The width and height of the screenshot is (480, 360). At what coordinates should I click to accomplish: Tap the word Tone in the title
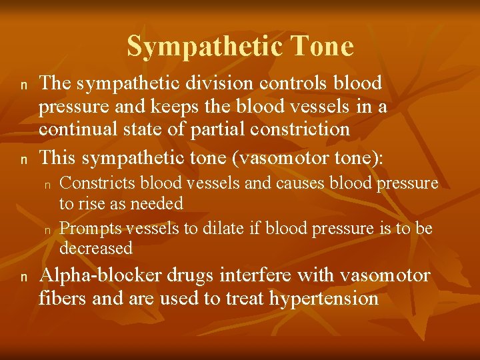pyautogui.click(x=323, y=47)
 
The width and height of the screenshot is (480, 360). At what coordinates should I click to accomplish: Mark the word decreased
pyautogui.click(x=96, y=249)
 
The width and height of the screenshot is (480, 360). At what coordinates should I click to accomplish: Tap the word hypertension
pyautogui.click(x=324, y=298)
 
